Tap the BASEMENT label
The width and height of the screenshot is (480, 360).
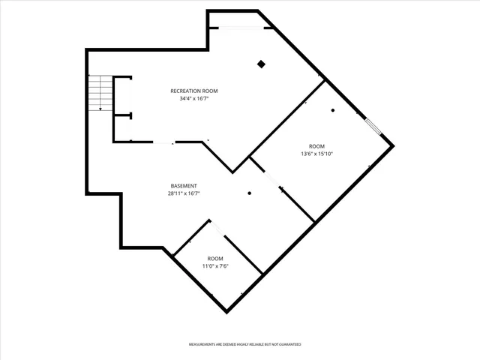[183, 186]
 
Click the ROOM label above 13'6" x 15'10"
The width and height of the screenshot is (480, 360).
[316, 146]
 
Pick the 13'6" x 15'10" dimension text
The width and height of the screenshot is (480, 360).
[316, 154]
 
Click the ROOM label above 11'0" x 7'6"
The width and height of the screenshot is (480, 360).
[215, 259]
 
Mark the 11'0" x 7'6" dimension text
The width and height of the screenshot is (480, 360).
[215, 265]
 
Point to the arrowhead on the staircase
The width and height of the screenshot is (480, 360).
[100, 109]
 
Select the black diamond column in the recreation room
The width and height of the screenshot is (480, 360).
[261, 64]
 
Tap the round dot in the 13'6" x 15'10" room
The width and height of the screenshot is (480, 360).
[333, 111]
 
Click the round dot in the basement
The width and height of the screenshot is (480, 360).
[250, 193]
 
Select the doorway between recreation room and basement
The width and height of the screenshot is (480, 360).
[163, 142]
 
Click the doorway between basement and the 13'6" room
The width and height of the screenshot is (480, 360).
[271, 179]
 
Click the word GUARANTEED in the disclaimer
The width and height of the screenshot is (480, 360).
[286, 344]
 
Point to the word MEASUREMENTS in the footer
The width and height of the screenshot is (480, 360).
[203, 344]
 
